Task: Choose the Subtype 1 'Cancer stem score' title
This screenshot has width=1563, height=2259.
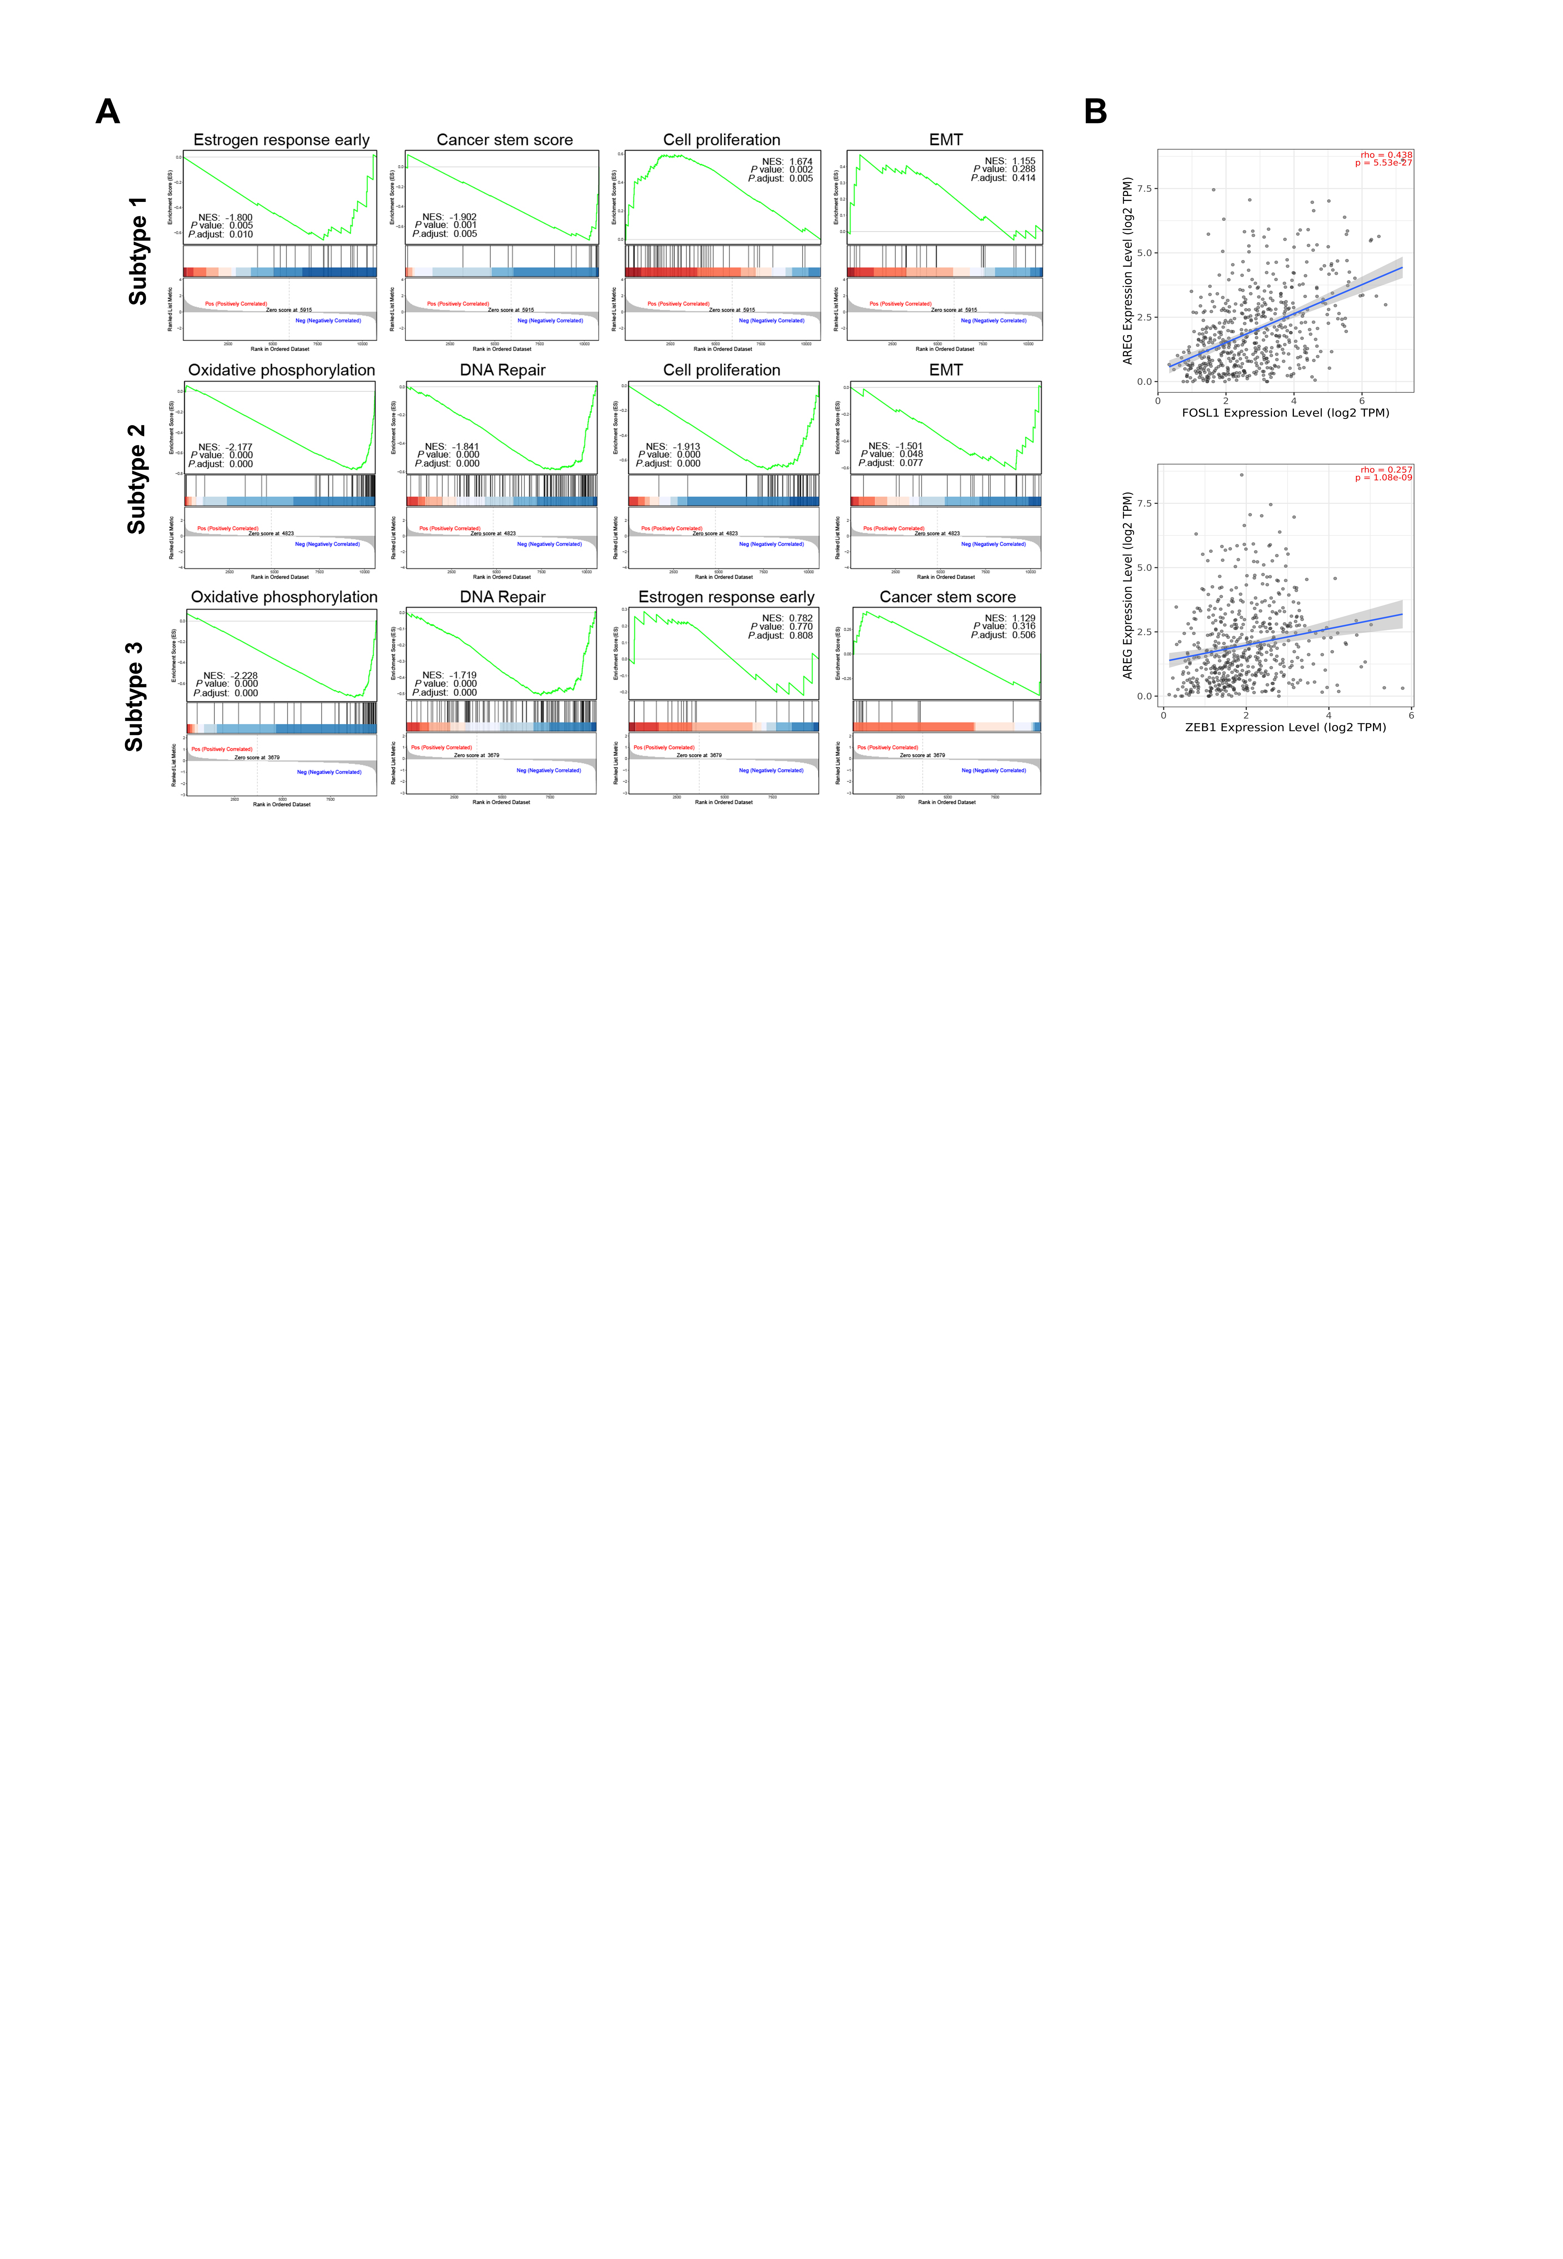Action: (504, 140)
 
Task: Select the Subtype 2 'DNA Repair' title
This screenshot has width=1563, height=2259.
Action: (502, 370)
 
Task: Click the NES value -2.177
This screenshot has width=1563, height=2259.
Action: (239, 447)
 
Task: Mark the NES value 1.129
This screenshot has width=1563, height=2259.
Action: (1023, 618)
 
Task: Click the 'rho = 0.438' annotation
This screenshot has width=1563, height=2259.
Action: (1386, 155)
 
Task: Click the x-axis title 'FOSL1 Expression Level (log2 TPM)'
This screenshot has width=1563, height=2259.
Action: (1285, 413)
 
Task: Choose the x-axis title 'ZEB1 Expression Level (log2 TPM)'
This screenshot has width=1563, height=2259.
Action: (1285, 727)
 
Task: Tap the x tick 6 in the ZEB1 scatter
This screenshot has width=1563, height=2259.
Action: (1411, 715)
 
